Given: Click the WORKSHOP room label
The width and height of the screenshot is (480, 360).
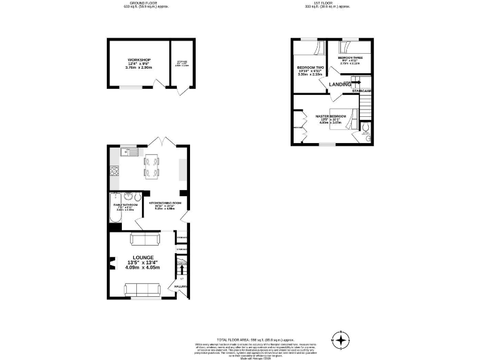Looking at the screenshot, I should (x=139, y=59).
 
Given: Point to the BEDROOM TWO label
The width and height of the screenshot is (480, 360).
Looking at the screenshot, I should (x=311, y=67).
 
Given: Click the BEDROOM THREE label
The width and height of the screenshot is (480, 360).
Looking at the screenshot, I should (x=350, y=57).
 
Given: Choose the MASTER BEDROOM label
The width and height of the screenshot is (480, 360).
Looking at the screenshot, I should (x=331, y=116).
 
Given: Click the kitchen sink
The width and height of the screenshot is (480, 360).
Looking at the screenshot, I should (x=129, y=151).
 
